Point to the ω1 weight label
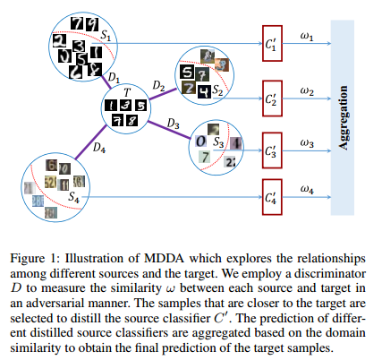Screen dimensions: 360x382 coord(307,35)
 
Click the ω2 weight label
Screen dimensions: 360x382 coord(307,90)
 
